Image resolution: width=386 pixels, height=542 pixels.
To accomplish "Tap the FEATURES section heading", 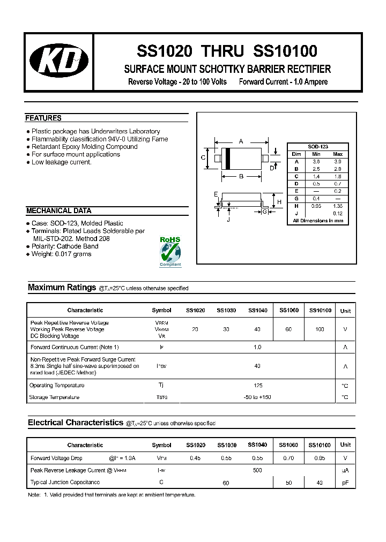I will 43,118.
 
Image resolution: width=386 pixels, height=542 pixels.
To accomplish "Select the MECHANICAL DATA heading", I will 58,210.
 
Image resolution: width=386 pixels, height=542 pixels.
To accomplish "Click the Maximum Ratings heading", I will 62,288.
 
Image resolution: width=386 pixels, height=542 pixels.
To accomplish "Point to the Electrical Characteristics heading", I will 75,423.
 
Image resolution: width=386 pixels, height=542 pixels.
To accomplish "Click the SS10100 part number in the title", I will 285,51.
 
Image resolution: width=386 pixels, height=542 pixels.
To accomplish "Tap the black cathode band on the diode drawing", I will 228,159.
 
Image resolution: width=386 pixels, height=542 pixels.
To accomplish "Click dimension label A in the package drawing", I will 241,141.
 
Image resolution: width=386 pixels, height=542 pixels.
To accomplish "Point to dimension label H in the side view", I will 279,201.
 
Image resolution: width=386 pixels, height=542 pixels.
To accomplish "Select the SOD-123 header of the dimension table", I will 317,146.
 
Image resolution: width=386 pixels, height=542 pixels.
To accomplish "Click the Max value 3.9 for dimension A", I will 337,161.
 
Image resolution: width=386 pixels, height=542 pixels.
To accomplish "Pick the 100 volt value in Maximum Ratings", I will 320,329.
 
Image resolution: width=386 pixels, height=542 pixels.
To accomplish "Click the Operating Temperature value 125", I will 257,386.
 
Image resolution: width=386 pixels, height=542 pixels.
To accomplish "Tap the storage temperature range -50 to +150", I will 257,397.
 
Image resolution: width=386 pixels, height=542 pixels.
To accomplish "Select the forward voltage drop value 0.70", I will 288,458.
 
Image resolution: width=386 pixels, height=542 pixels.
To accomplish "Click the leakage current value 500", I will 257,470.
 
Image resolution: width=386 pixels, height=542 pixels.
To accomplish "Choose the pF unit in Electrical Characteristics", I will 345,483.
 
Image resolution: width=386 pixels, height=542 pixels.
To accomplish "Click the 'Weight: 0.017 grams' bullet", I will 61,254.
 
